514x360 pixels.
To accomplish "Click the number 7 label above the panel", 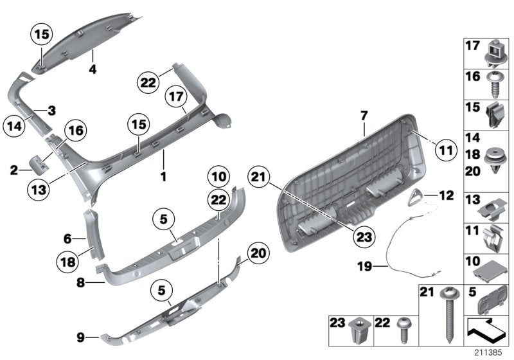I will click(x=363, y=116).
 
